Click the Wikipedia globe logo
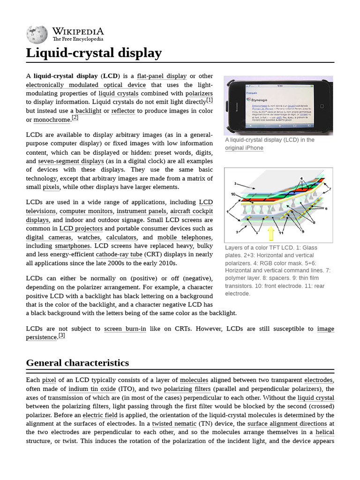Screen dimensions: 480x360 pyautogui.click(x=37, y=34)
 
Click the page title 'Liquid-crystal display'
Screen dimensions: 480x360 pyautogui.click(x=94, y=53)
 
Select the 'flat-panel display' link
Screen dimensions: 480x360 pyautogui.click(x=162, y=76)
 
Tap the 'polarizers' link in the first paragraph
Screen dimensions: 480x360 pyautogui.click(x=199, y=93)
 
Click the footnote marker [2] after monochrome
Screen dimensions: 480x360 pyautogui.click(x=75, y=118)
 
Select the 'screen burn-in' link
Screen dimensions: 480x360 pyautogui.click(x=125, y=329)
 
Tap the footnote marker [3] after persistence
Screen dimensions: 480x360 pyautogui.click(x=61, y=336)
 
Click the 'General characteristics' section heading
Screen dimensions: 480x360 pyautogui.click(x=77, y=363)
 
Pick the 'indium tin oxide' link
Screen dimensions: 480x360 pyautogui.click(x=91, y=389)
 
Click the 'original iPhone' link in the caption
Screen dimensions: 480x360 pyautogui.click(x=244, y=148)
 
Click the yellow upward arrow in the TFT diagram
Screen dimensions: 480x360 pyautogui.click(x=270, y=232)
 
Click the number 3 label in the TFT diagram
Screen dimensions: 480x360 pyautogui.click(x=235, y=184)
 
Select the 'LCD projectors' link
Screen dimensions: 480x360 pyautogui.click(x=81, y=229)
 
